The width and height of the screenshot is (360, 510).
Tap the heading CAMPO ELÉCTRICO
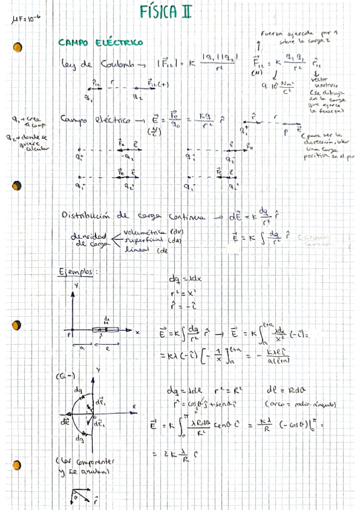[x=100, y=43]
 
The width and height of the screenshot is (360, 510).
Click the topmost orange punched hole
[x=17, y=46]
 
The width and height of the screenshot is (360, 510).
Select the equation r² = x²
[x=183, y=290]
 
